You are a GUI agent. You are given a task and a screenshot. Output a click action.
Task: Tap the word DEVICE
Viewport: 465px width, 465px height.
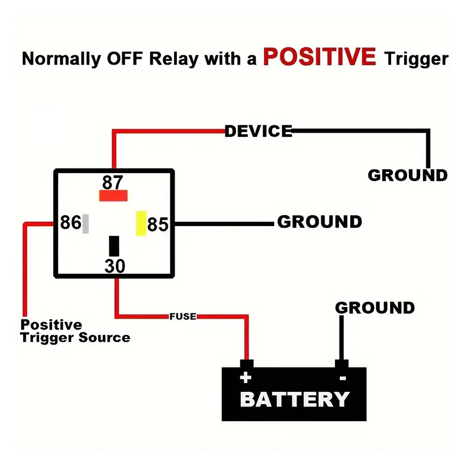pos(258,131)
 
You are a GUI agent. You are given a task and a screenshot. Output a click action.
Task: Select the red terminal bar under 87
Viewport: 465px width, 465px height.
pos(113,196)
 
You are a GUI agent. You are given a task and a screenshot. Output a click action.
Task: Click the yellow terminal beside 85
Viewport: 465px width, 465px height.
pos(141,223)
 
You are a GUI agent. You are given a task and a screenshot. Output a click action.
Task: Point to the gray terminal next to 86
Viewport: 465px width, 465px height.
pos(86,224)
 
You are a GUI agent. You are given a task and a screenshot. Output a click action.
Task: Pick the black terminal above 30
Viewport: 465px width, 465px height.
pos(114,246)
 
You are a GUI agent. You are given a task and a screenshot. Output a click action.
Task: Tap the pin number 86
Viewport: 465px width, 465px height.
pos(70,222)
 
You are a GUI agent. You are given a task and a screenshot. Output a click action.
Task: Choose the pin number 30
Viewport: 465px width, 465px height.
pos(115,266)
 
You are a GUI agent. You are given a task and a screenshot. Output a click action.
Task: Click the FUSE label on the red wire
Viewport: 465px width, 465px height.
pos(183,317)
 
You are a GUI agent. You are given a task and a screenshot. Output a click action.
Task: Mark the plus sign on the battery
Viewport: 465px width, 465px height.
pos(246,378)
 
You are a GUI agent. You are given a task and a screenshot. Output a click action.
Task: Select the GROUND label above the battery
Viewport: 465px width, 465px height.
pos(375,308)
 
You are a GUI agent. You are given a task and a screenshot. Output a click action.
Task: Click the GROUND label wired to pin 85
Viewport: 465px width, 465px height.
pos(319,222)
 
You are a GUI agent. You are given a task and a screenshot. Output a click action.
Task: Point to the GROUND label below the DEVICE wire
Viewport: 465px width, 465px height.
pos(407,175)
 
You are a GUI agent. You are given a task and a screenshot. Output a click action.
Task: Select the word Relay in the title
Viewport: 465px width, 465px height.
pos(174,59)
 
